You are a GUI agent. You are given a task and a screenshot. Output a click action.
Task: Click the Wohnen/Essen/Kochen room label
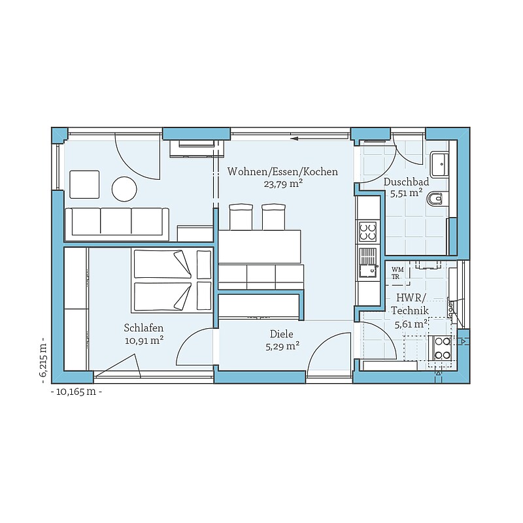(282, 172)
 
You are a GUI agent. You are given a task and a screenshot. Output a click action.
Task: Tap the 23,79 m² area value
(283, 184)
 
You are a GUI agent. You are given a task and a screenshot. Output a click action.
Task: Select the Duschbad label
(406, 182)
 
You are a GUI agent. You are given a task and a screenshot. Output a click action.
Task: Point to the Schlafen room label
(144, 328)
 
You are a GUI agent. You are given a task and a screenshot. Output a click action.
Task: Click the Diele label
(282, 334)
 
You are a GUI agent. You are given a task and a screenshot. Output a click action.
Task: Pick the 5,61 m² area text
(411, 324)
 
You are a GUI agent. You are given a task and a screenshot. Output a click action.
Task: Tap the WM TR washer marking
(397, 273)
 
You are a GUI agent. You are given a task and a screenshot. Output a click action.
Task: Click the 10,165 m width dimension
(76, 392)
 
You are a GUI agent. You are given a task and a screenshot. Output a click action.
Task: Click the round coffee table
(124, 189)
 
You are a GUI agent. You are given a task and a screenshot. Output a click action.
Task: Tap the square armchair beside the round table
(84, 184)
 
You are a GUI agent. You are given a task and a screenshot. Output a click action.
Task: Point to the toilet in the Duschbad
(435, 199)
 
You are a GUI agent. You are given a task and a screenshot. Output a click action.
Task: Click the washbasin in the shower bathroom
(439, 165)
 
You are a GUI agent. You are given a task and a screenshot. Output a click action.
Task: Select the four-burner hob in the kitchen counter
(367, 232)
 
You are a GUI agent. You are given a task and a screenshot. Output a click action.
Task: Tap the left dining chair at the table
(241, 217)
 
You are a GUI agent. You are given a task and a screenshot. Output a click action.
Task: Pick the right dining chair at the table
(273, 217)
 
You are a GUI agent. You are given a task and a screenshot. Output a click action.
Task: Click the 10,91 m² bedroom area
(144, 341)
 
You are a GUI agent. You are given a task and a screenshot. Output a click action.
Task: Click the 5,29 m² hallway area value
(282, 346)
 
